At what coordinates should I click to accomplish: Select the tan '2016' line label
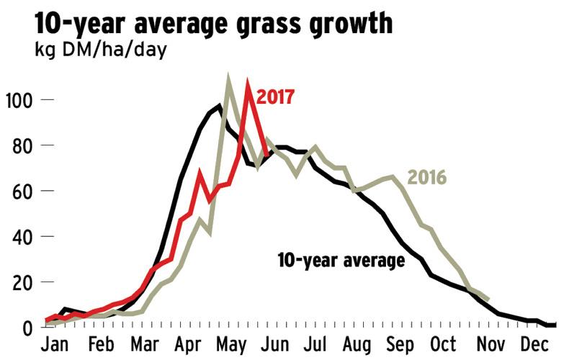click(427, 176)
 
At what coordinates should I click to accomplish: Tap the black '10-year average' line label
click(341, 260)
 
